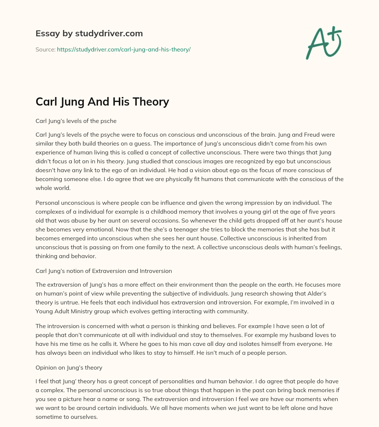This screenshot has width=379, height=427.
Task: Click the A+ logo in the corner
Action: pos(323,43)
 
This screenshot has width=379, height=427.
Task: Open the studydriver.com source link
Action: pos(124,49)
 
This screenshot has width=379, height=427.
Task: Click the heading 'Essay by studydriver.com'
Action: pos(89,33)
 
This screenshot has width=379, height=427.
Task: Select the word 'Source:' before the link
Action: pos(45,49)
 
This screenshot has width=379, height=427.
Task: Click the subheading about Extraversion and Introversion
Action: pos(104,271)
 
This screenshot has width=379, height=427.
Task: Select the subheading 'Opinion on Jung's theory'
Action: pos(69,368)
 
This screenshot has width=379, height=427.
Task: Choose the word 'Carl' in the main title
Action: pos(47,101)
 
